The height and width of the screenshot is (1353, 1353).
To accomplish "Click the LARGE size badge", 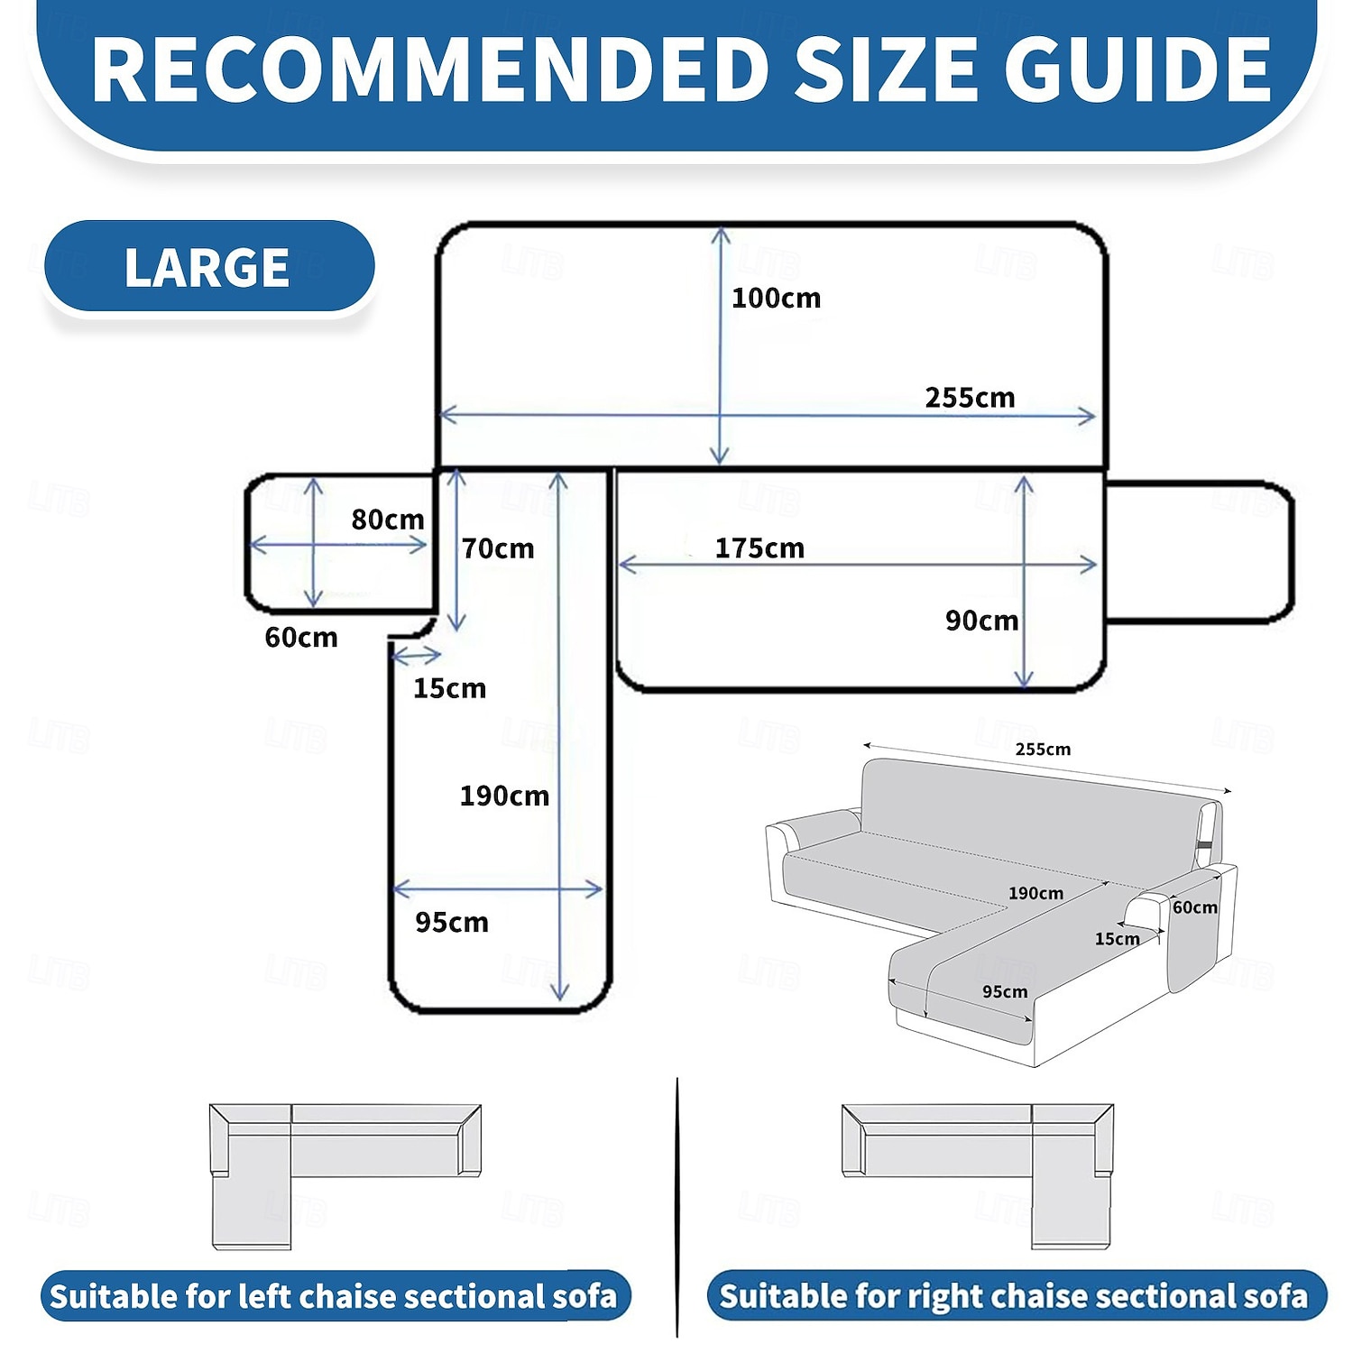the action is click(x=209, y=267).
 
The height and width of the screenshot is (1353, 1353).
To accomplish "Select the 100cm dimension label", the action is click(x=776, y=298).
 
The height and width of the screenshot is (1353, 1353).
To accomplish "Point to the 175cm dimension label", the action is click(x=759, y=548).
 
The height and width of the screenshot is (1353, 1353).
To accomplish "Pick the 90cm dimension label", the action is click(x=982, y=621).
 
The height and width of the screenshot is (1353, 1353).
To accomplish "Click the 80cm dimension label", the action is click(x=388, y=520).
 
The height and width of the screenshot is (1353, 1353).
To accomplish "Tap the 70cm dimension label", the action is click(x=498, y=548).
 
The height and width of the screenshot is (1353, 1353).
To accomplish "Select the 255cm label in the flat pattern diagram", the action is click(x=970, y=398).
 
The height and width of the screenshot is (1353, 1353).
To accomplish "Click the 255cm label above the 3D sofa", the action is click(x=1043, y=749).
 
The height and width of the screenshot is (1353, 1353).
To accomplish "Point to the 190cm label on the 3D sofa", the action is click(x=1035, y=893).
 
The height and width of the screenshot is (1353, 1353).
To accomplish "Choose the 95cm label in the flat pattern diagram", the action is click(x=452, y=922).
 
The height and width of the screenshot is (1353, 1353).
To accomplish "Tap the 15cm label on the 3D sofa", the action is click(x=1118, y=939).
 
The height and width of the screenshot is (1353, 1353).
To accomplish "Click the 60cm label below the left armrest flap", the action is click(x=301, y=638).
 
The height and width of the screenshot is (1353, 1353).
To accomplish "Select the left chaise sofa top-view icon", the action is click(x=345, y=1176).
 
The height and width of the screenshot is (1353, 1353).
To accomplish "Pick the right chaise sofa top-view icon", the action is click(x=978, y=1176).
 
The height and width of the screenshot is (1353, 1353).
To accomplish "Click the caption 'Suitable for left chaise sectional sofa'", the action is click(x=334, y=1296).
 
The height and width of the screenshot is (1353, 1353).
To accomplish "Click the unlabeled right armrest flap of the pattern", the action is click(x=1200, y=552).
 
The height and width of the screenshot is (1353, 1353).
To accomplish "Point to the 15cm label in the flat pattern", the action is click(x=449, y=688).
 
